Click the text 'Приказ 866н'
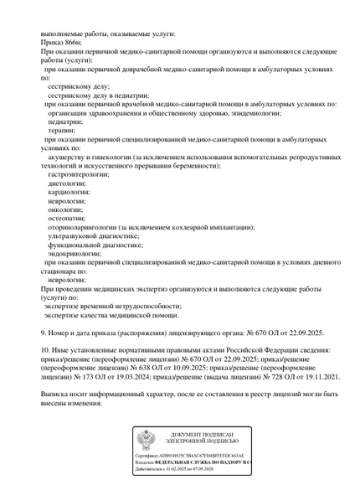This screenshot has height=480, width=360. [62, 42]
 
